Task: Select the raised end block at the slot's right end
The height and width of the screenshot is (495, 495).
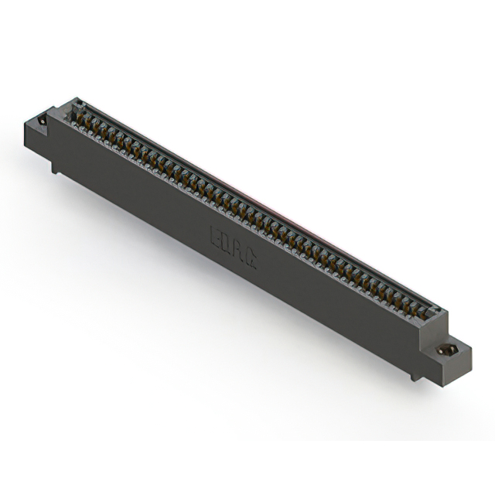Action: [x=435, y=319]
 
